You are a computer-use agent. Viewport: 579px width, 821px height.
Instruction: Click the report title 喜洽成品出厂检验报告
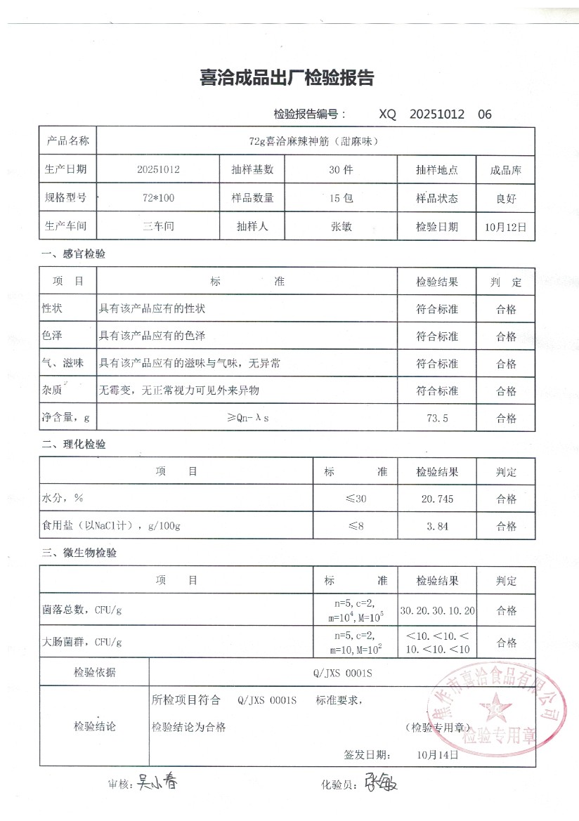point(287,79)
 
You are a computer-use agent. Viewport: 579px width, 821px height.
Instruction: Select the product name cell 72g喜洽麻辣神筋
point(314,141)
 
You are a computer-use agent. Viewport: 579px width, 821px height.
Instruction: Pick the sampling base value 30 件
point(341,170)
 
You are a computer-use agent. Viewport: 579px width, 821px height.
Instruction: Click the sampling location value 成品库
point(505,171)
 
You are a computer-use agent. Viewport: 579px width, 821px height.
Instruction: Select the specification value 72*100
point(158,199)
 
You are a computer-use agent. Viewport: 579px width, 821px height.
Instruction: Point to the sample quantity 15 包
point(341,199)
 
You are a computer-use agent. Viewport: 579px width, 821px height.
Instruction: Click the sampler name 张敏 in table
point(341,227)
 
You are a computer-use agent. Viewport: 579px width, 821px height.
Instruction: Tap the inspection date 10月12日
point(505,227)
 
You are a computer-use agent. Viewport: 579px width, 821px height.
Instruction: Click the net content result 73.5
point(437,419)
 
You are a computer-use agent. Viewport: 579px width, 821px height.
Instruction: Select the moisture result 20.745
point(437,499)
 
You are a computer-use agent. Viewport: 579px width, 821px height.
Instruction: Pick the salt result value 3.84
point(437,526)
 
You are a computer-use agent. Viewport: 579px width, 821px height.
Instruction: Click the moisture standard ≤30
point(356,499)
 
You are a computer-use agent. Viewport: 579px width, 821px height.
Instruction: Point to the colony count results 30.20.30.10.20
point(437,610)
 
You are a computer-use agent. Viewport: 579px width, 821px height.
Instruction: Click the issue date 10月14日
point(437,755)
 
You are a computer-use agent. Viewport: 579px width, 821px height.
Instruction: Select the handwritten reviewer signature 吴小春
point(156,782)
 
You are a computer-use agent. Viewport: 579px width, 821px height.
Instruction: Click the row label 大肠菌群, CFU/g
point(83,642)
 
